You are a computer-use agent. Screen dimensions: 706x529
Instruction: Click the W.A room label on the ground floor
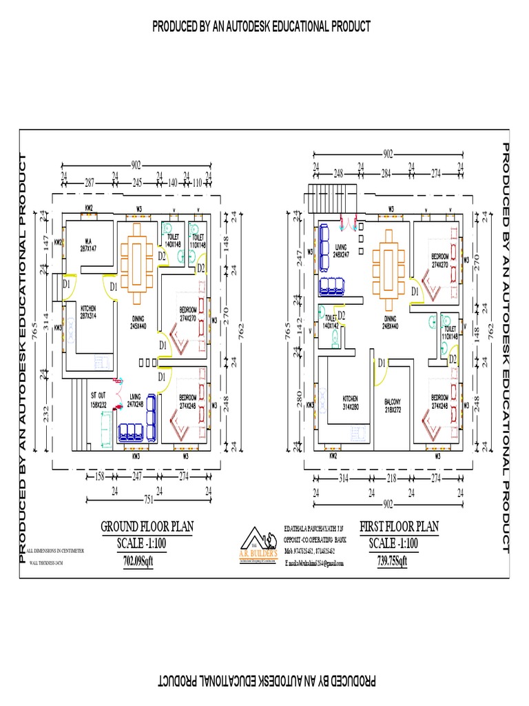click(88, 245)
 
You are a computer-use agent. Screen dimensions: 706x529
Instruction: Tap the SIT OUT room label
click(99, 399)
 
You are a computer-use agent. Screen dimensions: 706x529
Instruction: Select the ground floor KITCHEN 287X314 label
click(87, 311)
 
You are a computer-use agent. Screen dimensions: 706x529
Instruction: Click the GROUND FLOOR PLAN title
click(147, 527)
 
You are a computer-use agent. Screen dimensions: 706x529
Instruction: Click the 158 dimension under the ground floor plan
click(98, 476)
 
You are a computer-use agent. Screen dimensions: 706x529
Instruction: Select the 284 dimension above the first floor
click(386, 173)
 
